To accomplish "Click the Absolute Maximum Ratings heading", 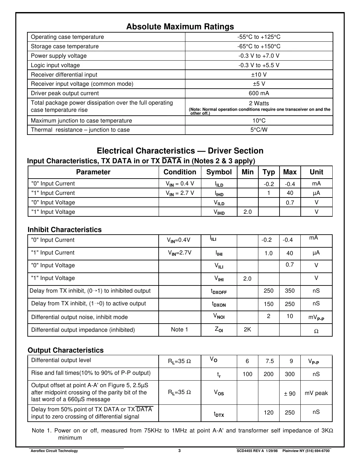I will tap(180, 26).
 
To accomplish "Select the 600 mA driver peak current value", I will tap(259, 93).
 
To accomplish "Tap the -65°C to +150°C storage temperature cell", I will tap(259, 46).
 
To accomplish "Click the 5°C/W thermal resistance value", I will tap(259, 130).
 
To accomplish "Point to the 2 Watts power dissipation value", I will tap(259, 103).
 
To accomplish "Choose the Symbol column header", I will tap(219, 172).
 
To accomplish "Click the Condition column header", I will tap(180, 172).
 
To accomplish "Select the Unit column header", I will tap(316, 172).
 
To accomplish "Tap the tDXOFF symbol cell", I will tap(219, 291).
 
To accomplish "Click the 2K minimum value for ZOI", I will tap(247, 329).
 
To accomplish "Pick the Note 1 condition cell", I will tap(180, 329).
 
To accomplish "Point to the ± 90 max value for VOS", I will tap(290, 394).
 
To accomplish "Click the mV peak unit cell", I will tap(316, 393).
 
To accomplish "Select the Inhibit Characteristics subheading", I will tap(65, 230).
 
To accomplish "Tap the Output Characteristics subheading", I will tap(65, 350).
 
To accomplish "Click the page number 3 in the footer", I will tap(180, 451).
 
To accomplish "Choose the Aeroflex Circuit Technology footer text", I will tap(54, 451).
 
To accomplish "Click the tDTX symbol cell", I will tap(219, 414).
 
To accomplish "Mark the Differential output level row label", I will tap(61, 360).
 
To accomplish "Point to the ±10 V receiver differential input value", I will tap(259, 75).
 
